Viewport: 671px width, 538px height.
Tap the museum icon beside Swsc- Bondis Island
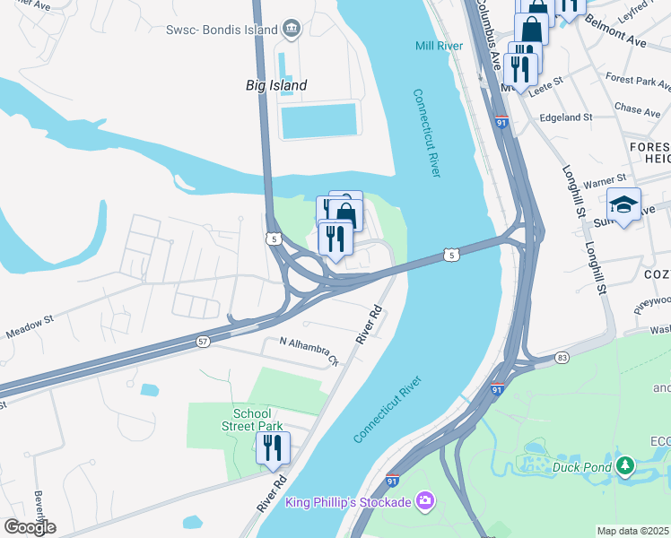292,29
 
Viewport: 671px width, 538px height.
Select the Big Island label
276,85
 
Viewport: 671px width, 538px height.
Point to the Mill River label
438,46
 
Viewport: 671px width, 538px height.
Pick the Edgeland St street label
566,117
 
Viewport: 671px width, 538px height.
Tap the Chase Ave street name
638,110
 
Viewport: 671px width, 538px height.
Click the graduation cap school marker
624,205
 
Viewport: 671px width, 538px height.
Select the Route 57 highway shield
204,342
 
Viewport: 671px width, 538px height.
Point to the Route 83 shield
562,358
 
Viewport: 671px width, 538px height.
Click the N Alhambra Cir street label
309,351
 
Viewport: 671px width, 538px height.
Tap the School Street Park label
258,420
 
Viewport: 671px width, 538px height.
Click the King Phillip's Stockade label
347,500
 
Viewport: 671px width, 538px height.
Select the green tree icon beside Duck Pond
625,466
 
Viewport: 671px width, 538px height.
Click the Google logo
30,527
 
